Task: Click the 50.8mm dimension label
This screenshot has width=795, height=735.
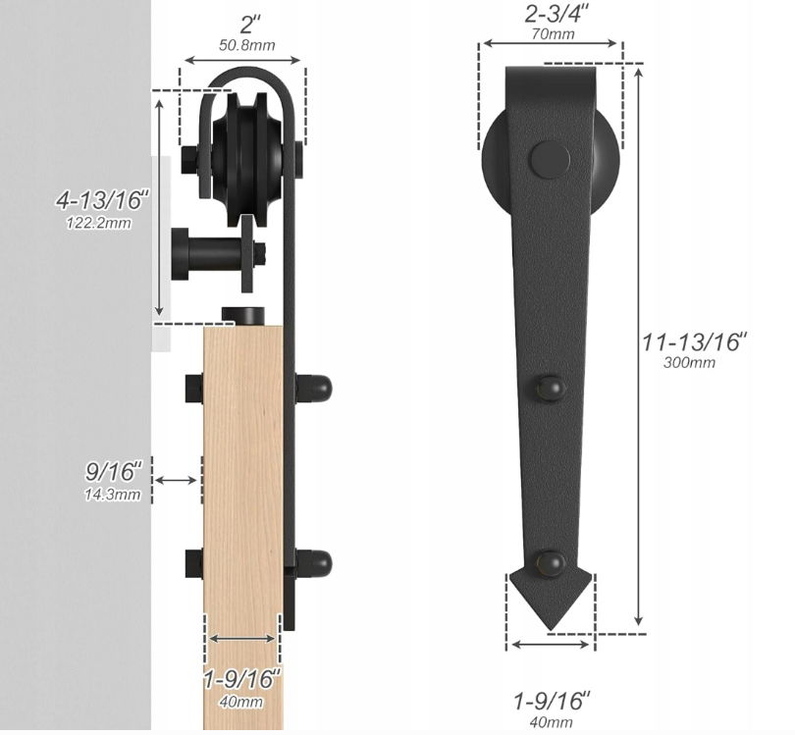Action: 247,45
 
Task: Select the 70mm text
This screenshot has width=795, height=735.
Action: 554,34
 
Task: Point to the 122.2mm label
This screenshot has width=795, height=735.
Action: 99,223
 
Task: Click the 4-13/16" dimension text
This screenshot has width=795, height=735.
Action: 102,200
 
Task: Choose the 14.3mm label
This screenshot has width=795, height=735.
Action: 112,495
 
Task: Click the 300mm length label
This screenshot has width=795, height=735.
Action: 689,362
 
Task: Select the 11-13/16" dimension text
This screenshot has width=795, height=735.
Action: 694,341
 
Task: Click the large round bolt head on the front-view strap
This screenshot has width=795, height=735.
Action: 550,160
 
